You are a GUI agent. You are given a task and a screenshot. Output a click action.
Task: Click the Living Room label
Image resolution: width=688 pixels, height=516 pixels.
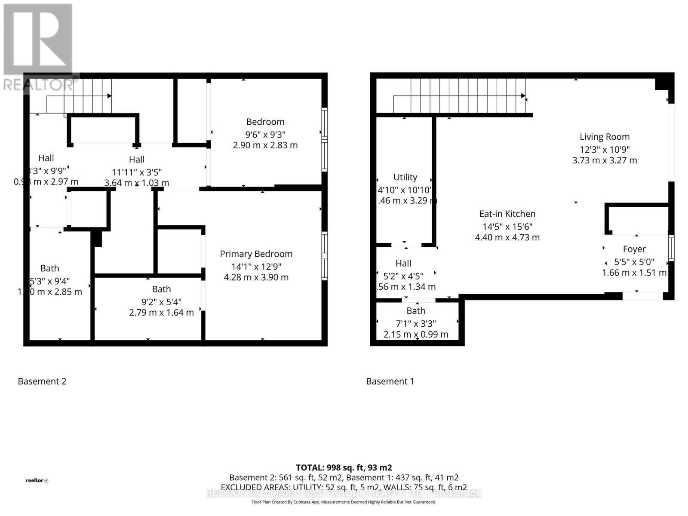click(x=604, y=137)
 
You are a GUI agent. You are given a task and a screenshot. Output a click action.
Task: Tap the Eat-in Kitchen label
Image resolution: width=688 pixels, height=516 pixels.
click(x=507, y=214)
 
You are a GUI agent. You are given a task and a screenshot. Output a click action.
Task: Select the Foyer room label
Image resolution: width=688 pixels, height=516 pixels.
click(x=634, y=249)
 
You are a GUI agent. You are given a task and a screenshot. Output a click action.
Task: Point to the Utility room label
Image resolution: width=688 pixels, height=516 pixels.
click(x=405, y=177)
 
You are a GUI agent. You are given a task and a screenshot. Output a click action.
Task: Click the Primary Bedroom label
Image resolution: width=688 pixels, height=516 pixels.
click(x=256, y=254)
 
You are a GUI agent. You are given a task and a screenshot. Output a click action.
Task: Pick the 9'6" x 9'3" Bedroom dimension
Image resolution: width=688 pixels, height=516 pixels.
click(x=265, y=134)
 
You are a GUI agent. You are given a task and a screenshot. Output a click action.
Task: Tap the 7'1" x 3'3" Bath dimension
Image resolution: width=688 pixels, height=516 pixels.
click(x=416, y=323)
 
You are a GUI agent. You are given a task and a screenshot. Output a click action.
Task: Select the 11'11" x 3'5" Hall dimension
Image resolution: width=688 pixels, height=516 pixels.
click(x=137, y=172)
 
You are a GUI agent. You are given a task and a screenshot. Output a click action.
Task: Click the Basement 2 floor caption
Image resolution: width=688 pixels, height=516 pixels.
click(x=42, y=381)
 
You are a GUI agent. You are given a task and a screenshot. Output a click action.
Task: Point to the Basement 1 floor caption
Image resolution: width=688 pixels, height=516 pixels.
click(x=390, y=381)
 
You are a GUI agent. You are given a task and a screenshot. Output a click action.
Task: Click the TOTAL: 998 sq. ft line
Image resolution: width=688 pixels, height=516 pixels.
click(x=344, y=467)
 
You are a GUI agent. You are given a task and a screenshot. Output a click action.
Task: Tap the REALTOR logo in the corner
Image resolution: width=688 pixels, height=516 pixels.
click(x=39, y=47)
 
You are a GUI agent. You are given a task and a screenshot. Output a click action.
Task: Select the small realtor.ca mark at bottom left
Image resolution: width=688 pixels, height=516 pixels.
click(x=37, y=480)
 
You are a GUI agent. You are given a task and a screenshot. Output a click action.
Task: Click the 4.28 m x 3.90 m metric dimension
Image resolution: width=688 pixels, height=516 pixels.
click(x=256, y=277)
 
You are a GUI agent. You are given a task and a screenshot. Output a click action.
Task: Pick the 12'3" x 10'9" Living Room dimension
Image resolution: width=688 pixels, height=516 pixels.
click(x=604, y=150)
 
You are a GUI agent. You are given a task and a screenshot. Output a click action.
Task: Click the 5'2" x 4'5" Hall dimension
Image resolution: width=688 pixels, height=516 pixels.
click(x=403, y=276)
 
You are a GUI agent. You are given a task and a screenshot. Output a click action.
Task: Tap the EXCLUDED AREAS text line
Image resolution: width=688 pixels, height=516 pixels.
click(x=344, y=487)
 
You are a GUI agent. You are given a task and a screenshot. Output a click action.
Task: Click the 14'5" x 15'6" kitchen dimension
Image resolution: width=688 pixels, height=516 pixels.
click(x=507, y=227)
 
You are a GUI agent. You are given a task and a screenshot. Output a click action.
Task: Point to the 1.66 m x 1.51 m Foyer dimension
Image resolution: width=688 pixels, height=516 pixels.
click(x=634, y=273)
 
